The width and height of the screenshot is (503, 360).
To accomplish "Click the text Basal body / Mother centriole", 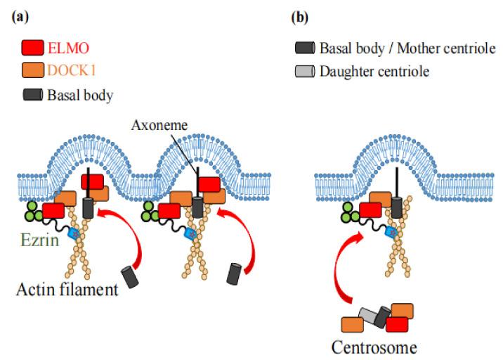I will [x=407, y=49].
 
